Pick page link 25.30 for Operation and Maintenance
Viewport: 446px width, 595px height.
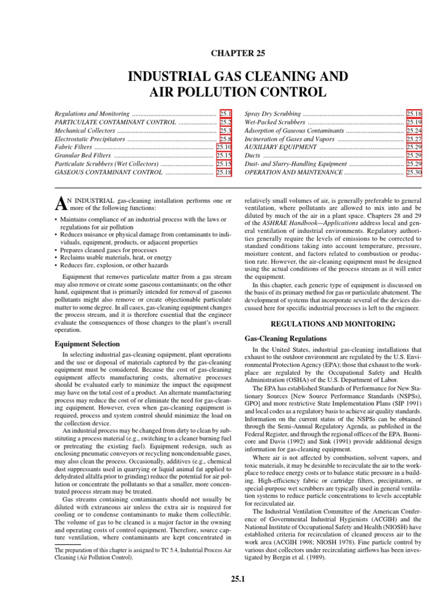[414, 173]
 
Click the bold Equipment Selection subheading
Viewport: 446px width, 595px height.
[87, 344]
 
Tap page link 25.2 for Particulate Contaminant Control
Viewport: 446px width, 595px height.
[225, 123]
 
